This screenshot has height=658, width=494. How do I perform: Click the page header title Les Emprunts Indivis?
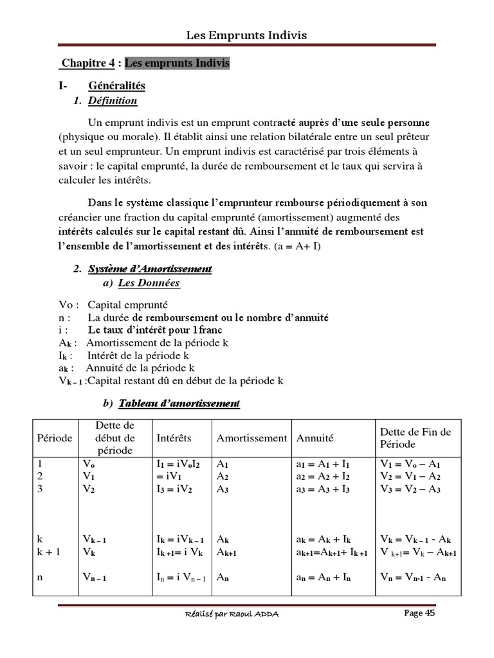[x=247, y=35]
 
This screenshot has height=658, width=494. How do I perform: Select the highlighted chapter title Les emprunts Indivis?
[x=177, y=63]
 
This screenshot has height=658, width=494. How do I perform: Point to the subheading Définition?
[x=113, y=100]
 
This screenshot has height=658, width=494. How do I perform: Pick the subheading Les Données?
[x=149, y=283]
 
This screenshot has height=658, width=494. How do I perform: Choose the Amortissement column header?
[x=252, y=438]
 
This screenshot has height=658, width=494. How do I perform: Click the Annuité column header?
[x=315, y=438]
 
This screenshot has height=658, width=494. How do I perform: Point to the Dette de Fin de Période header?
[x=416, y=438]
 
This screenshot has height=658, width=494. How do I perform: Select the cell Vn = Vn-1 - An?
[x=413, y=578]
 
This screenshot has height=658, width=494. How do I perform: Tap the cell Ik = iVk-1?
[x=181, y=539]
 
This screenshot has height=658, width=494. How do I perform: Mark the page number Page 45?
[x=419, y=614]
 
